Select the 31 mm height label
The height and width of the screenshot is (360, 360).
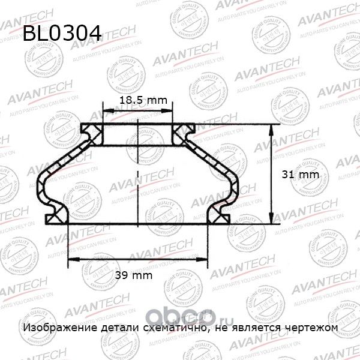(299, 175)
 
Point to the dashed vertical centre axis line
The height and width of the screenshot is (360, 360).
(139, 174)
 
